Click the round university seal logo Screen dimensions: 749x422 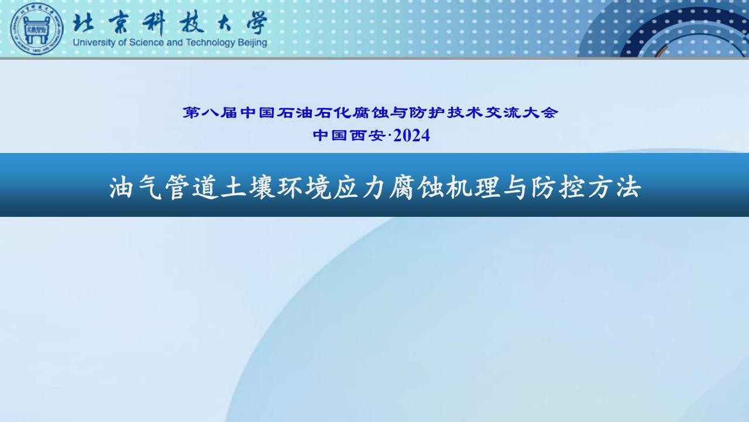coord(37,29)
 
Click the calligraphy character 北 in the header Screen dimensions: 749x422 coord(83,23)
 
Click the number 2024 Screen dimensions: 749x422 coord(411,135)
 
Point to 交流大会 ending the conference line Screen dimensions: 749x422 coord(521,113)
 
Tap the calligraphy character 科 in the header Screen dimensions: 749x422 coord(154,23)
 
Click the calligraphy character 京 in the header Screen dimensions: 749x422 coord(119,23)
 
